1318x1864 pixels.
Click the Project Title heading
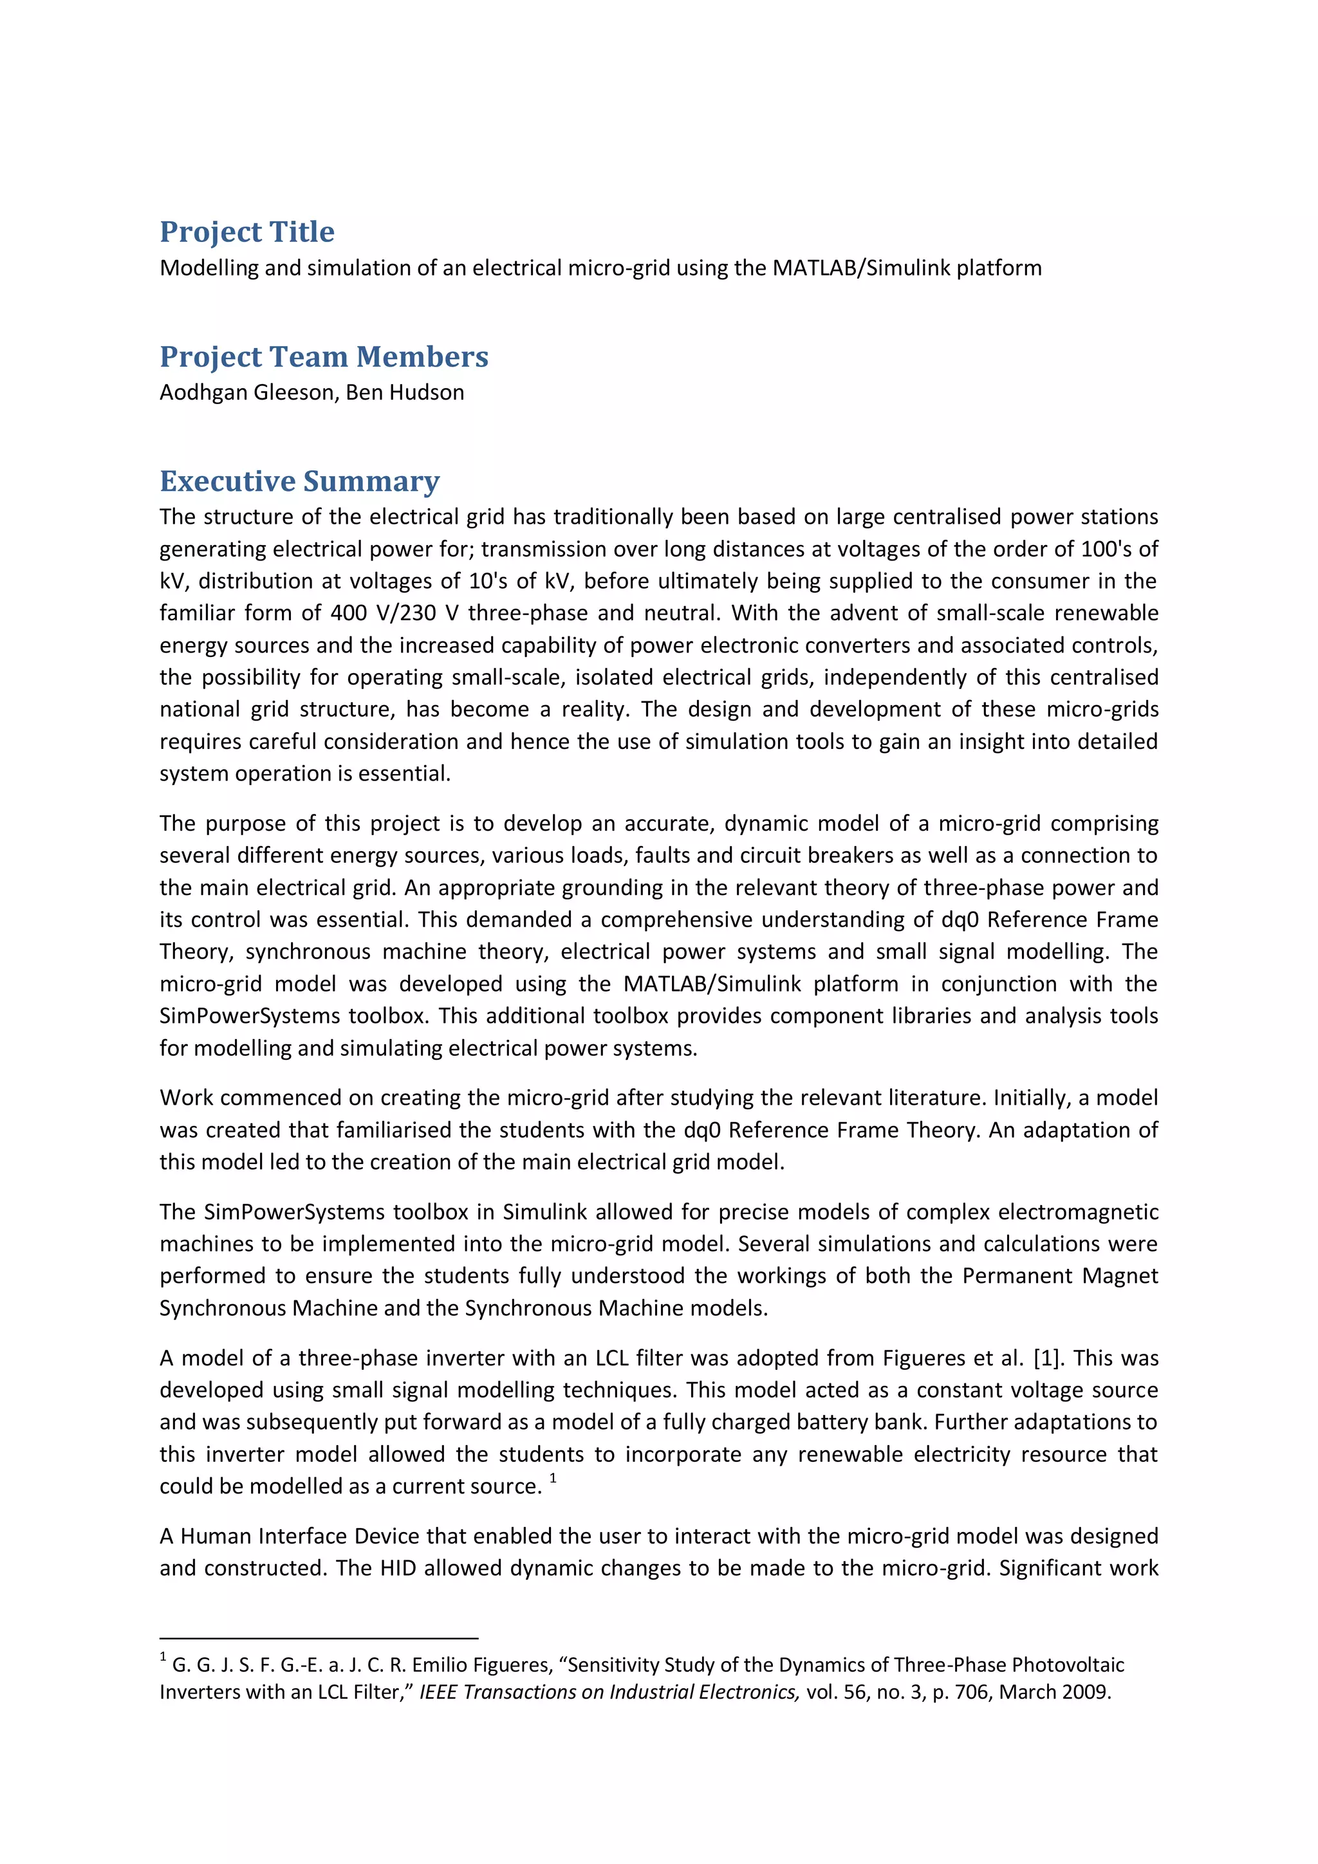point(247,232)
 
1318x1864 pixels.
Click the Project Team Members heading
point(323,357)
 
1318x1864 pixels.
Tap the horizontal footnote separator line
point(319,1639)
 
